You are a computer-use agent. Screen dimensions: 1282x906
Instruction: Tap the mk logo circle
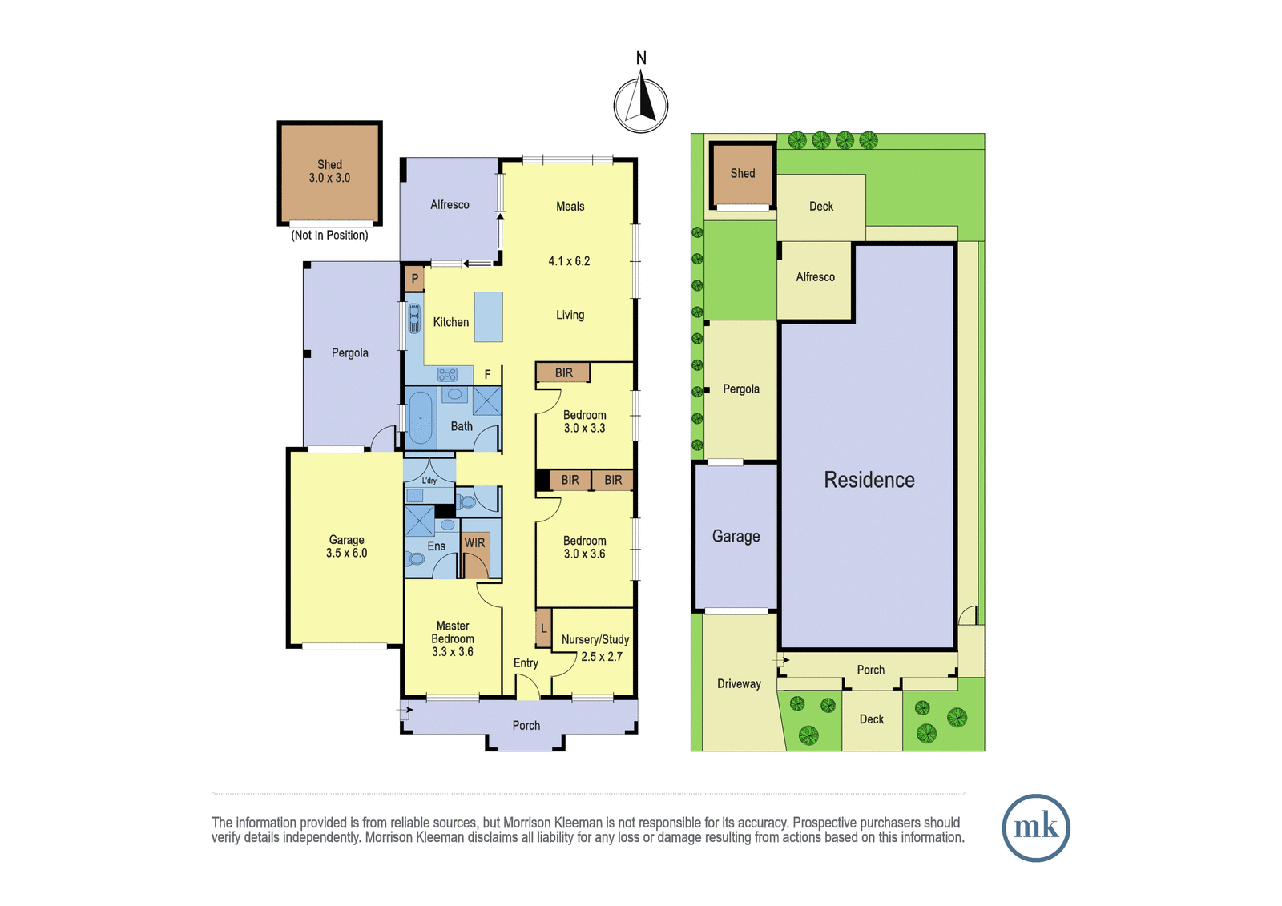(x=1036, y=827)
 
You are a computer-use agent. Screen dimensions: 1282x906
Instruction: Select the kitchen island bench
(x=488, y=317)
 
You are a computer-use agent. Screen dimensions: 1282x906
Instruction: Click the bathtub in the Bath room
(x=420, y=418)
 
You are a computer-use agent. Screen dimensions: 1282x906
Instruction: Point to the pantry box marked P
(x=414, y=280)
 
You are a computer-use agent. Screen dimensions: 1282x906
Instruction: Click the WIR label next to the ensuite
(x=474, y=542)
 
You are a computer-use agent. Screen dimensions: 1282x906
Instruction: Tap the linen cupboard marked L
(x=543, y=629)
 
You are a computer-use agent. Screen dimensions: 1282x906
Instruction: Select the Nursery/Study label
(x=595, y=639)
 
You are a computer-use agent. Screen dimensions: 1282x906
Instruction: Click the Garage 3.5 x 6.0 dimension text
(x=346, y=553)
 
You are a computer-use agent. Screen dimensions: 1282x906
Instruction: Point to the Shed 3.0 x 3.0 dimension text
(x=329, y=178)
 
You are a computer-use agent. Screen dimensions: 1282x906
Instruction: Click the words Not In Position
(x=329, y=236)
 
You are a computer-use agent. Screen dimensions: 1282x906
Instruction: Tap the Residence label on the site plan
(x=869, y=480)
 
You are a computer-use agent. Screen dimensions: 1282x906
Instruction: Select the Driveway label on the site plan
(x=739, y=684)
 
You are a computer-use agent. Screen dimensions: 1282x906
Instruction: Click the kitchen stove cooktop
(x=447, y=375)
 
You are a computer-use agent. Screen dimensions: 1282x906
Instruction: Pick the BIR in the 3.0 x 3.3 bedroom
(x=563, y=373)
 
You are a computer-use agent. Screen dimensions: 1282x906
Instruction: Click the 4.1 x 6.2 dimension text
(x=569, y=261)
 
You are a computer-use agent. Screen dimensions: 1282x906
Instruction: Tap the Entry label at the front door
(x=526, y=662)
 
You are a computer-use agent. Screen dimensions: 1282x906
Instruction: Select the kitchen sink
(x=413, y=319)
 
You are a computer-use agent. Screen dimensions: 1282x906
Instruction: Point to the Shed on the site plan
(x=742, y=175)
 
